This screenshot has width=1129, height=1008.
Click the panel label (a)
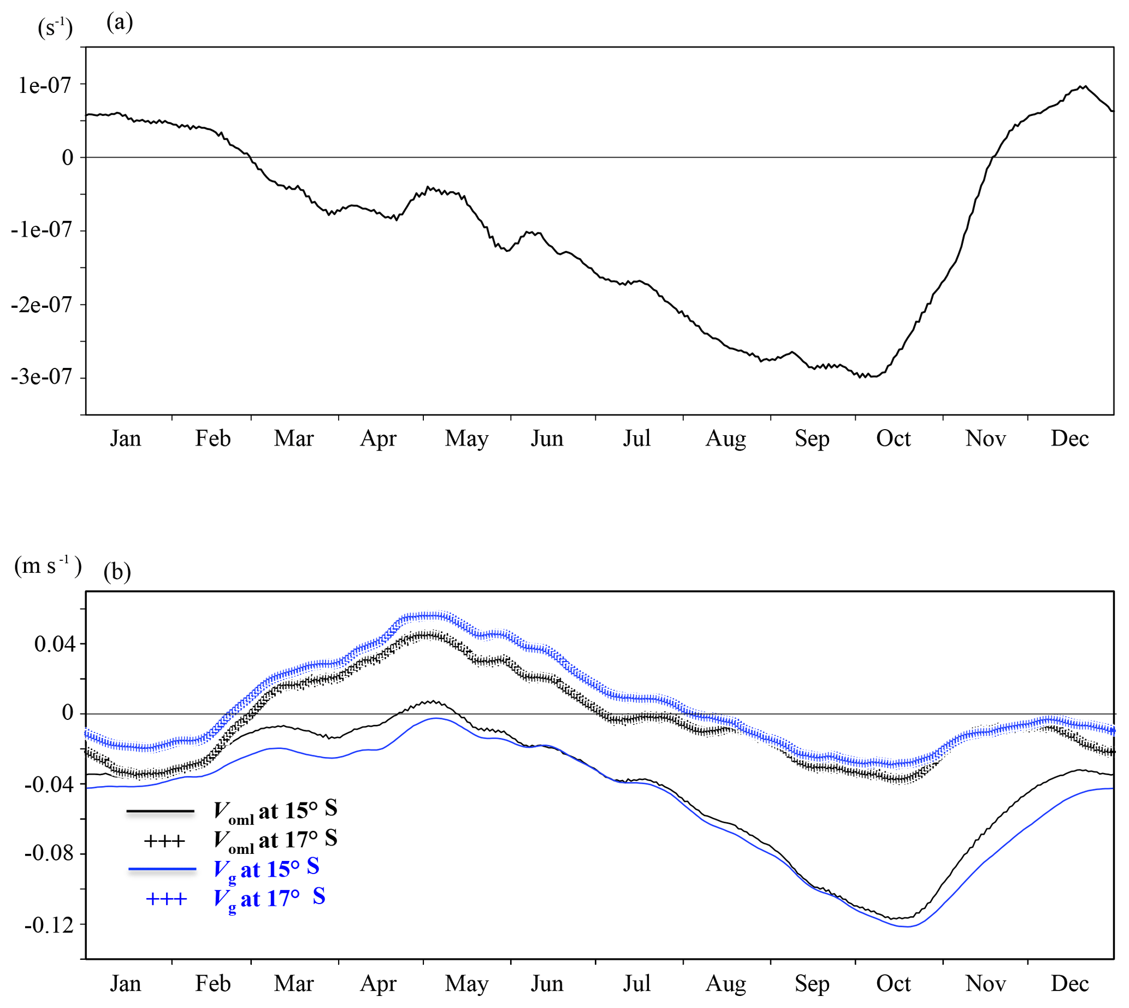pyautogui.click(x=120, y=22)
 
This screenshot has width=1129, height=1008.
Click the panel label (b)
pyautogui.click(x=117, y=571)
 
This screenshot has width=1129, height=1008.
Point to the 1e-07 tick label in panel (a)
pyautogui.click(x=44, y=85)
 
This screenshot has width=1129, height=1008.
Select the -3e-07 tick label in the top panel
pyautogui.click(x=42, y=377)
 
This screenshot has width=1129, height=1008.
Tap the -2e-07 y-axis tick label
pyautogui.click(x=42, y=304)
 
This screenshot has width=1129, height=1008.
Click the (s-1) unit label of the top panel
pyautogui.click(x=55, y=27)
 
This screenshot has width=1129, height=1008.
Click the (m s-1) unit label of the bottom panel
pyautogui.click(x=48, y=566)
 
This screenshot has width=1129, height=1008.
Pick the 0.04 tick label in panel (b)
pyautogui.click(x=53, y=643)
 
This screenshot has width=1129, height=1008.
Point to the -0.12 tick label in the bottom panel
pyautogui.click(x=49, y=925)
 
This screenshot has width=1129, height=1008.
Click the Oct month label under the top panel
pyautogui.click(x=892, y=438)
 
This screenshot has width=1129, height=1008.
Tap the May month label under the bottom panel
pyautogui.click(x=466, y=983)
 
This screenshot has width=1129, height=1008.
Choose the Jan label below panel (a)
pyautogui.click(x=125, y=438)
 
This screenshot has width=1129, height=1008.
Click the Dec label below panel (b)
pyautogui.click(x=1069, y=983)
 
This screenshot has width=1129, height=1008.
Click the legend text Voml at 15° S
pyautogui.click(x=275, y=811)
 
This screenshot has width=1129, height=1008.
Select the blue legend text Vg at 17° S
pyautogui.click(x=269, y=898)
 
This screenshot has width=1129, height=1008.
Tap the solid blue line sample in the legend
pyautogui.click(x=162, y=869)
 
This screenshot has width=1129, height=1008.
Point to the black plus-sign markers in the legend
pyautogui.click(x=164, y=841)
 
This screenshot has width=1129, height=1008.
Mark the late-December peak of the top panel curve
pyautogui.click(x=1085, y=86)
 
